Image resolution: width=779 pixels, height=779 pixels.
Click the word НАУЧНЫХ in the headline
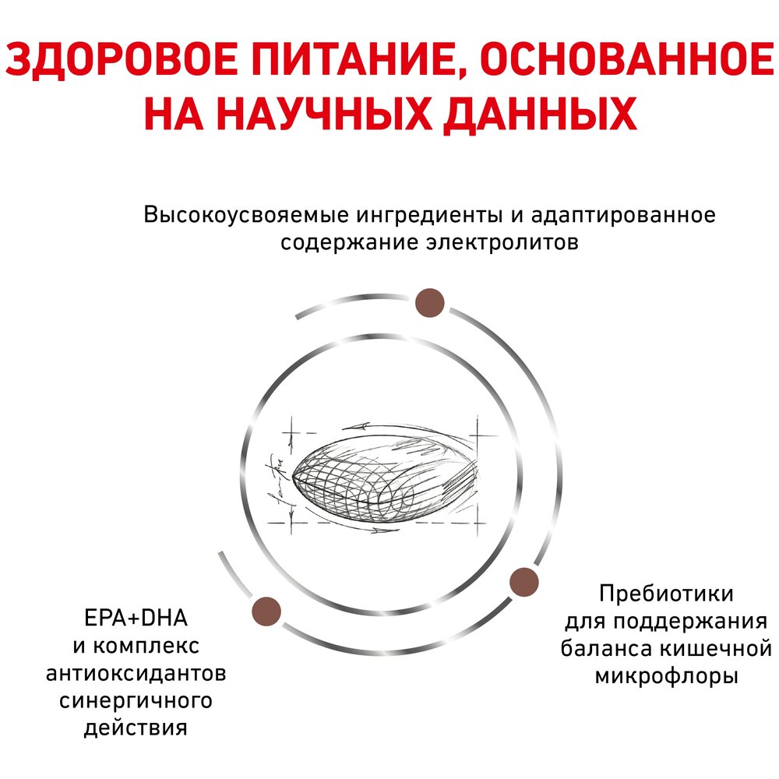click(324, 114)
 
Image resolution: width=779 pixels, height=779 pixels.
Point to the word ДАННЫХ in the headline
click(540, 115)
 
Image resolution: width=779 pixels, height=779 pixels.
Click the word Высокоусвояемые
click(245, 215)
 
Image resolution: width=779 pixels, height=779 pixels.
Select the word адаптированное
click(623, 216)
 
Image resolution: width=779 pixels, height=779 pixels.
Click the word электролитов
click(502, 243)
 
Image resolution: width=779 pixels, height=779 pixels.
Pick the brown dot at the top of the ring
click(430, 302)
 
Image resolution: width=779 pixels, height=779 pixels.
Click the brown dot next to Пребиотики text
click(524, 581)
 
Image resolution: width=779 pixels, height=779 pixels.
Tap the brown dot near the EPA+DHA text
click(266, 612)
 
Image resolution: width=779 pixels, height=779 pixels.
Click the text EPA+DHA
click(136, 618)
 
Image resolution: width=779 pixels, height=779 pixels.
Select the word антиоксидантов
click(136, 673)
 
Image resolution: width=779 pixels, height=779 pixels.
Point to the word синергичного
click(136, 701)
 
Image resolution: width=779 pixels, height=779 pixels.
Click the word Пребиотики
click(666, 593)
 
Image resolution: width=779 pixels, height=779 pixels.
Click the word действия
click(136, 728)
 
